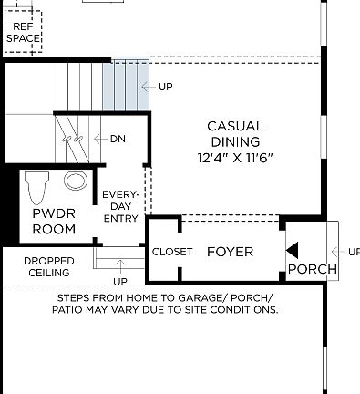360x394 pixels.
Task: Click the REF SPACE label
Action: [x=23, y=33]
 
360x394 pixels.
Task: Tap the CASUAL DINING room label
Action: [x=234, y=134]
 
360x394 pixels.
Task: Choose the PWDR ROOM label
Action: [x=54, y=222]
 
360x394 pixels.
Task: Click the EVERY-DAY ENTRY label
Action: [x=120, y=206]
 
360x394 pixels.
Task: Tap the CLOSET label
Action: [x=172, y=252]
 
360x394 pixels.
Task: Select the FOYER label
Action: [x=230, y=252]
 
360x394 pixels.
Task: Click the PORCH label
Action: [x=312, y=270]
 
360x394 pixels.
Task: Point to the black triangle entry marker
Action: [x=292, y=250]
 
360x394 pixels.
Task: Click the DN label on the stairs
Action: [x=118, y=139]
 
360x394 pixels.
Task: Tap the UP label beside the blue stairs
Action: [x=165, y=87]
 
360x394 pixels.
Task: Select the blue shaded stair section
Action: [x=125, y=84]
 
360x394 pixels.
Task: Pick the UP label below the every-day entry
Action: [x=120, y=281]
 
